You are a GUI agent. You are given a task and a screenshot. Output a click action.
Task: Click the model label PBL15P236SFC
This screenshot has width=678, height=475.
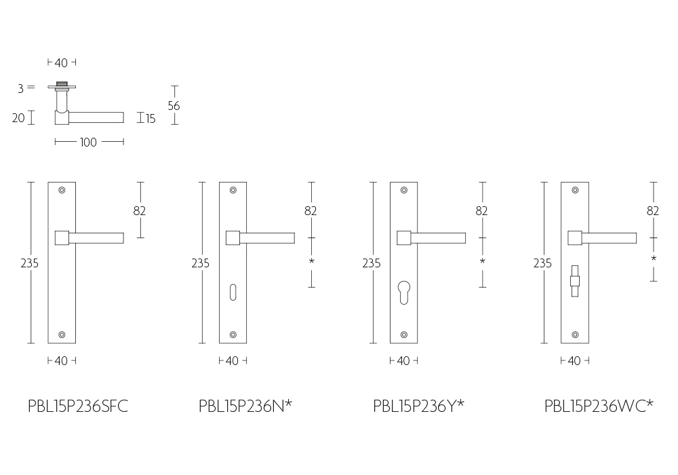(x=78, y=406)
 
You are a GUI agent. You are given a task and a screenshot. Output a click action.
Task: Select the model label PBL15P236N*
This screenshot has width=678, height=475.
(x=245, y=406)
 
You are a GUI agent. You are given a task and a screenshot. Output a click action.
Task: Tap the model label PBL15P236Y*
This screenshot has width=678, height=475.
(x=418, y=406)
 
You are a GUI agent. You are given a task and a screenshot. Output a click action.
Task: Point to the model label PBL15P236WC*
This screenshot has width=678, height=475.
(x=599, y=406)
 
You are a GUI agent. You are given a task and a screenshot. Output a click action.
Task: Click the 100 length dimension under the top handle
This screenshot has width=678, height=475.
(x=88, y=142)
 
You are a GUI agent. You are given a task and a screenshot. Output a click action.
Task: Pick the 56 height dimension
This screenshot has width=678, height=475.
(x=174, y=106)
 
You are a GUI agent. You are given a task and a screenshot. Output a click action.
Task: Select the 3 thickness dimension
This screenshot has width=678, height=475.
(x=21, y=88)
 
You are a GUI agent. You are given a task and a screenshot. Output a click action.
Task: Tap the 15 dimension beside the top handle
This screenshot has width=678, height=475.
(x=150, y=119)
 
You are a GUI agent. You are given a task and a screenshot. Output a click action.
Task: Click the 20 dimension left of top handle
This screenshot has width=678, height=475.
(x=18, y=117)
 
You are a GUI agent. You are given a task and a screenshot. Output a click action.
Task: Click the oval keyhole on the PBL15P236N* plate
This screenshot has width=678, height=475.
(x=233, y=292)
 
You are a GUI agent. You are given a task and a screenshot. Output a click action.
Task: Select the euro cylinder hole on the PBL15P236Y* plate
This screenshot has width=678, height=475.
(x=404, y=292)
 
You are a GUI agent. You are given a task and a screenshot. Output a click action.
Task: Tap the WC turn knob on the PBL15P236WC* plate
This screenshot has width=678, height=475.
(x=575, y=281)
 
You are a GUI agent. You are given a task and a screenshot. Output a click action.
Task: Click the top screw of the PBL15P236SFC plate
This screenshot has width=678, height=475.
(x=62, y=190)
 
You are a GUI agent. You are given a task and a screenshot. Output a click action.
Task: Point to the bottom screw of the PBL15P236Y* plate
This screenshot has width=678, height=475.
(x=404, y=335)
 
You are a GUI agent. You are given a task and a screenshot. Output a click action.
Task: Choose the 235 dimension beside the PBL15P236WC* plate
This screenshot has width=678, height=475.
(x=542, y=263)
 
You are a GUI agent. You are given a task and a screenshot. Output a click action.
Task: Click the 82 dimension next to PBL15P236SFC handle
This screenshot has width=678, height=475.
(x=139, y=210)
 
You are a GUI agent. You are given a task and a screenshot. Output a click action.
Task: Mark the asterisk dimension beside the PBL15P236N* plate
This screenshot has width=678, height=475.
(x=311, y=261)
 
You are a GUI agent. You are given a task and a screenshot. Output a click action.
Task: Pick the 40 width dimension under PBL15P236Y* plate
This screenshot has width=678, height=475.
(x=403, y=361)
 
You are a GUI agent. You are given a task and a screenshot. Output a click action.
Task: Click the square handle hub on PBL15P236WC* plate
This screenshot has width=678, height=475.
(x=575, y=238)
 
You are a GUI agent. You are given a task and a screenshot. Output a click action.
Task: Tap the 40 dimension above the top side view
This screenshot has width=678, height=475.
(x=61, y=63)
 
